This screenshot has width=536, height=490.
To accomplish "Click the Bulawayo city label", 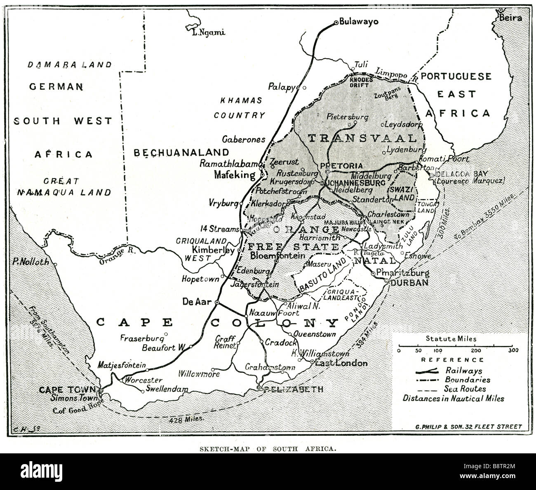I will coord(358,22).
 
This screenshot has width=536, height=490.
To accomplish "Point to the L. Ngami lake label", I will coord(209,33).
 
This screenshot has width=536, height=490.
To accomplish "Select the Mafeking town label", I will coord(235,175).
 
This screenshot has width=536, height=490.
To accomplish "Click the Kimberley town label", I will coord(213,250).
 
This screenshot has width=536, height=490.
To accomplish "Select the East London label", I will coord(341,363).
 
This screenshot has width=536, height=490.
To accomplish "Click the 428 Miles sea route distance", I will coord(187,419).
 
